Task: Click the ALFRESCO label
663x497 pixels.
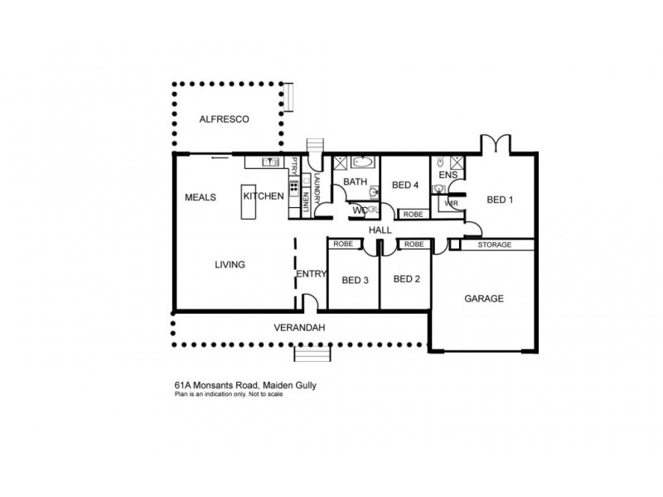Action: [225, 120]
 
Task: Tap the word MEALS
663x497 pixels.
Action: [200, 197]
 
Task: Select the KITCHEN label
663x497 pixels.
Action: [264, 195]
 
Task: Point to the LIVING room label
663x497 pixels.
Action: [230, 265]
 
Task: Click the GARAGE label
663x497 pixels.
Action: [483, 298]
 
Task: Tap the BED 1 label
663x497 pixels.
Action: [500, 200]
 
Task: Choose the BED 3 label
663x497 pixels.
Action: [355, 280]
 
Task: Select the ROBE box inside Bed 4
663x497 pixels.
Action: [412, 214]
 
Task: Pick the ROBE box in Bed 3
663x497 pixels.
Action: [342, 244]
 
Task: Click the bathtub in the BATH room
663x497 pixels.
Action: [362, 162]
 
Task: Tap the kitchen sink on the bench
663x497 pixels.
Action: [268, 161]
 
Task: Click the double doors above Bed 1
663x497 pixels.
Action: [494, 144]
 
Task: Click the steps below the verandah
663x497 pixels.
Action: [314, 355]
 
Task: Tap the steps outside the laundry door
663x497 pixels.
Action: [316, 147]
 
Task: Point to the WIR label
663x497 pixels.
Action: [452, 203]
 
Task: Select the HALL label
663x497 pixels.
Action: [380, 229]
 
